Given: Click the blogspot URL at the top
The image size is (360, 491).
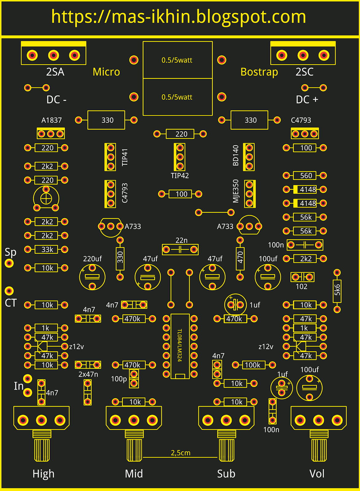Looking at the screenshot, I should click(179, 17).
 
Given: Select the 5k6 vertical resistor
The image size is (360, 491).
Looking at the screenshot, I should click(337, 290).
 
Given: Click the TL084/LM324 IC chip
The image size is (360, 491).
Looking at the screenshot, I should click(180, 346).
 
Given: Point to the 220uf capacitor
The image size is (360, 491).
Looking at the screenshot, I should click(92, 277).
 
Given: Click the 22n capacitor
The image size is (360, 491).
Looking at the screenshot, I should click(180, 249).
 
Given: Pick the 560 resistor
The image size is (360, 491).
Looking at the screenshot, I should click(305, 176).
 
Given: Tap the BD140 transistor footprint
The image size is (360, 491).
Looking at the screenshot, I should click(249, 157).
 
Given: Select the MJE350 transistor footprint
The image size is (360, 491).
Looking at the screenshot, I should click(250, 194).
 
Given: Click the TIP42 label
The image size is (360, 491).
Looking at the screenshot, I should click(180, 176).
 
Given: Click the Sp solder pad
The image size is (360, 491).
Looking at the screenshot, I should click(9, 263).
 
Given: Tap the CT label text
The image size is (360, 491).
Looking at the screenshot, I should click(10, 303).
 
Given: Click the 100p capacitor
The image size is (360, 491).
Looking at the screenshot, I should click(134, 378).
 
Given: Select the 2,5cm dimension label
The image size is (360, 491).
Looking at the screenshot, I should click(180, 453).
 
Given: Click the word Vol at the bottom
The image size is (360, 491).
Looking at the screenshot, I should click(317, 474).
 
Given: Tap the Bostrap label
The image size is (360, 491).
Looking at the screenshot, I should click(259, 72).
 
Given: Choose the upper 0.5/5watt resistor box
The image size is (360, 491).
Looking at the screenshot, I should click(177, 60).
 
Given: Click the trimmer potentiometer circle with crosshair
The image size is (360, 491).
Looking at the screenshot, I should click(46, 199).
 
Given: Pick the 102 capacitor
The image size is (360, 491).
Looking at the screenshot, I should click(302, 277).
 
